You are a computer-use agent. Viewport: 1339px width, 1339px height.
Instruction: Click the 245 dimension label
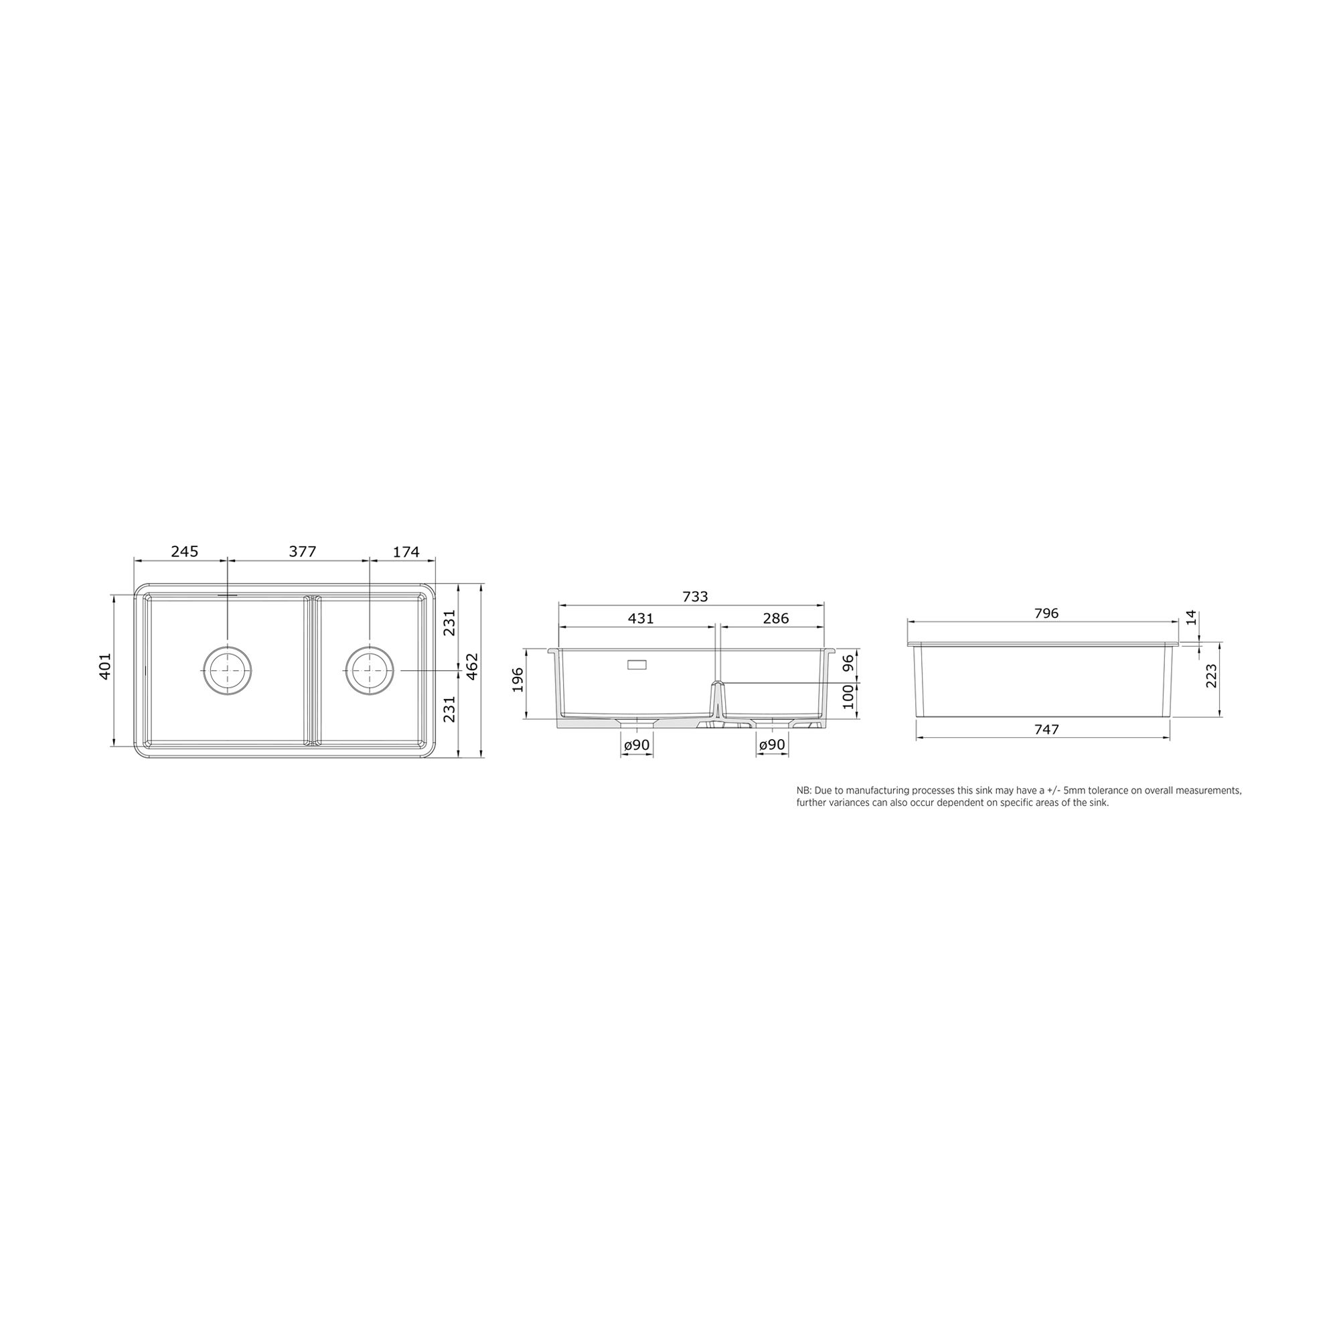pyautogui.click(x=184, y=552)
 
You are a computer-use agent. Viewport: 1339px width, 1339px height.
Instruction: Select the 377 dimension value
pyautogui.click(x=302, y=552)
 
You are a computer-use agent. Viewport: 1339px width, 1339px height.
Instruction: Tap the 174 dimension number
pyautogui.click(x=406, y=552)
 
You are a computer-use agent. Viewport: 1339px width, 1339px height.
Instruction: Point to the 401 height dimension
pyautogui.click(x=105, y=666)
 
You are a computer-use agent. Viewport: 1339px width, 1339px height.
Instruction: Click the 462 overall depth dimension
pyautogui.click(x=473, y=666)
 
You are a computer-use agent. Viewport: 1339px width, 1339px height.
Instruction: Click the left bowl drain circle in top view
pyautogui.click(x=227, y=670)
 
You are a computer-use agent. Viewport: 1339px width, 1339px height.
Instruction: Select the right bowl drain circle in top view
pyautogui.click(x=370, y=670)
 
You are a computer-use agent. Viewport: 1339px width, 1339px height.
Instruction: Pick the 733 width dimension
pyautogui.click(x=695, y=597)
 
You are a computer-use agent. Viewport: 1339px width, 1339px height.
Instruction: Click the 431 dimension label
pyautogui.click(x=641, y=618)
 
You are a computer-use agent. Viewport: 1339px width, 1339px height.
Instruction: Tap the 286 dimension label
pyautogui.click(x=775, y=618)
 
